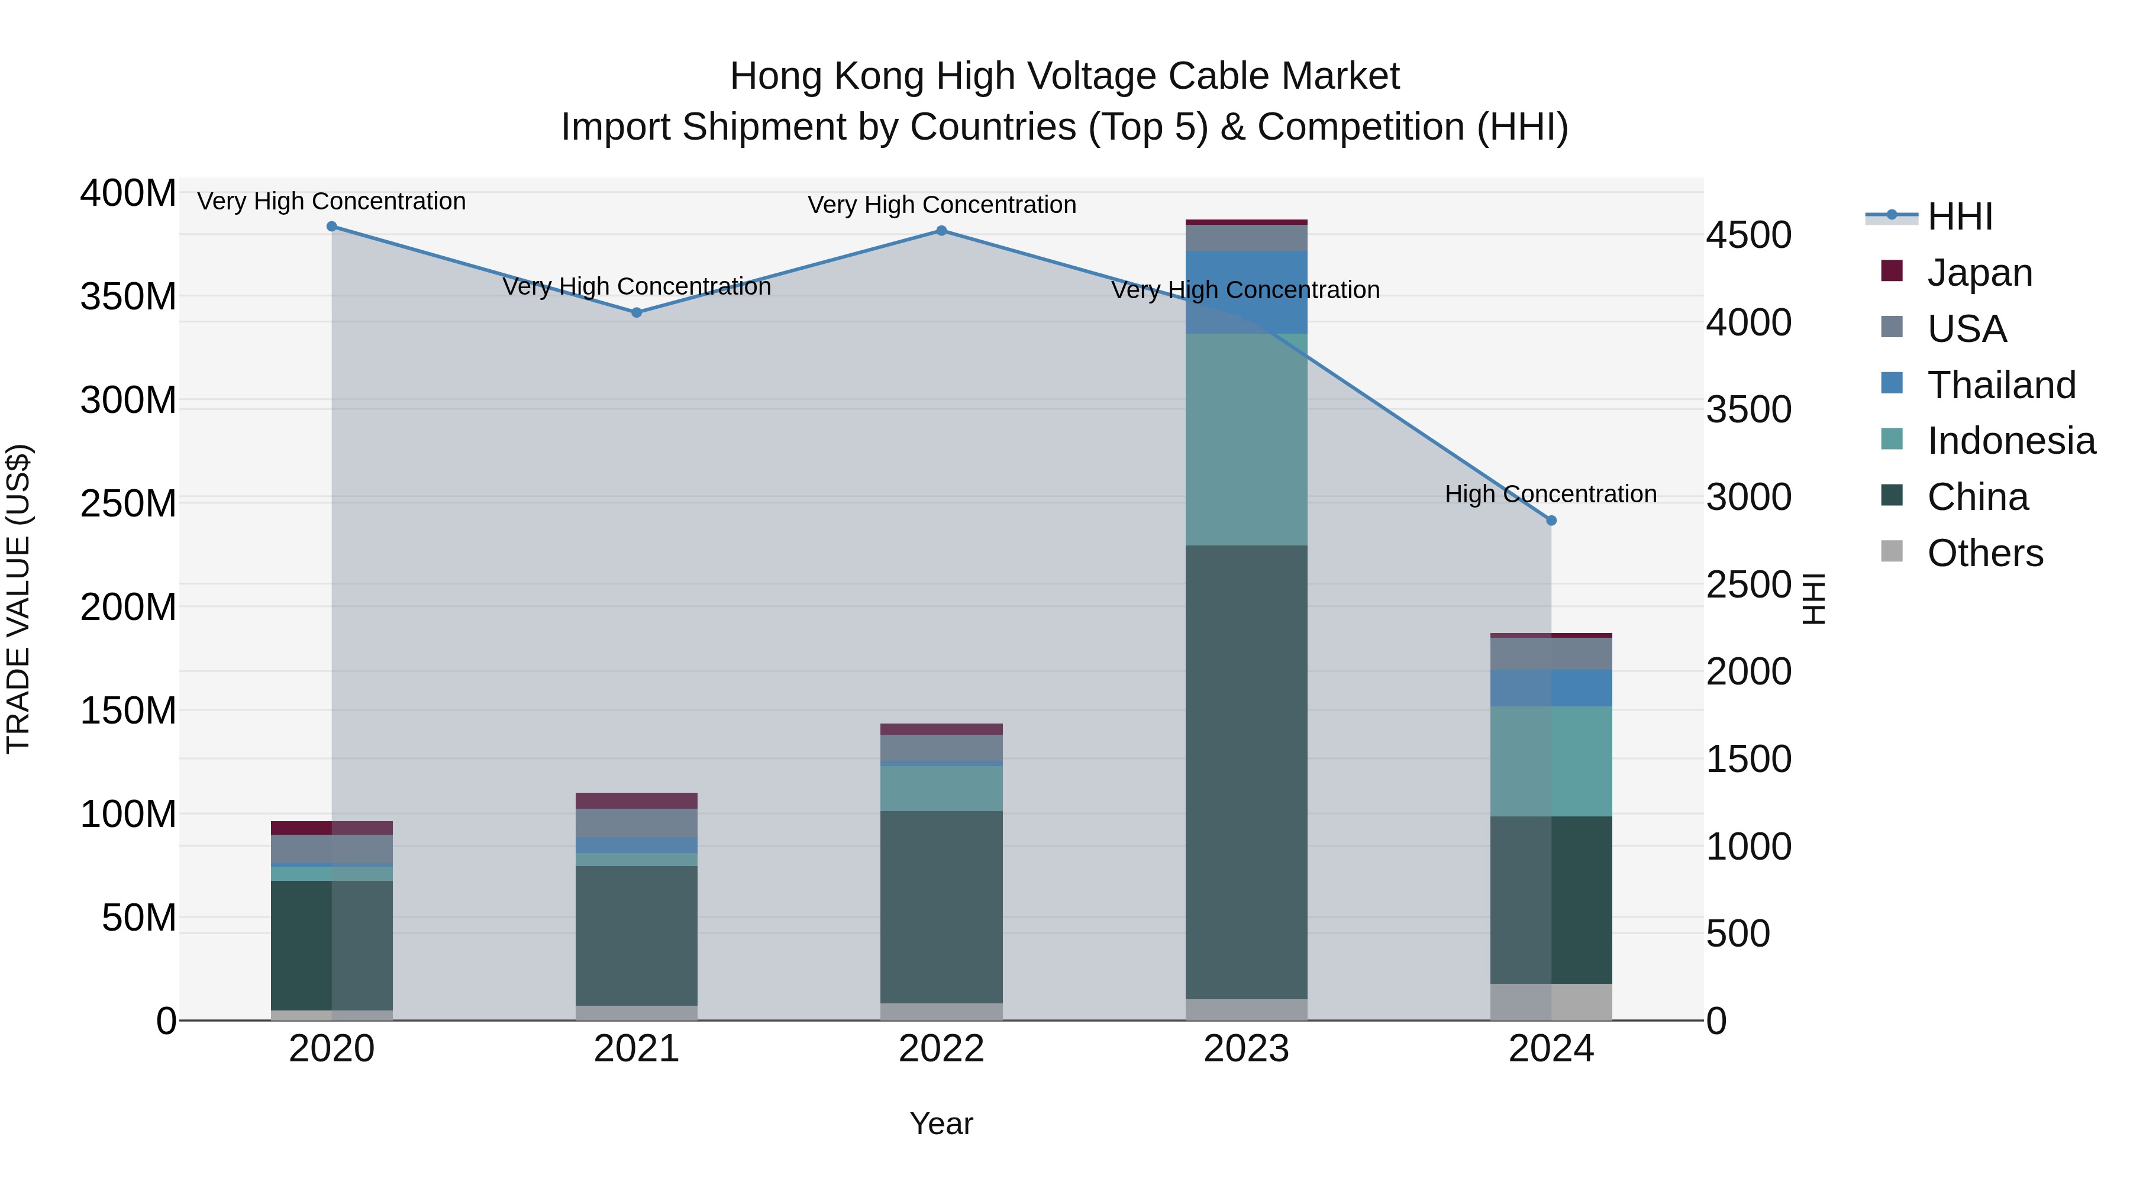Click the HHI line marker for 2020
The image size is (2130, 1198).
pyautogui.click(x=331, y=227)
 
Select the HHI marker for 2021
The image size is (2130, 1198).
pyautogui.click(x=636, y=312)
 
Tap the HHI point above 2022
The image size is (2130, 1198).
pyautogui.click(x=941, y=231)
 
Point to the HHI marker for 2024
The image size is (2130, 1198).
pyautogui.click(x=1551, y=520)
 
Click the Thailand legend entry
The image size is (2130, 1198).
pyautogui.click(x=2001, y=385)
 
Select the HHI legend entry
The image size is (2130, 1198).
pyautogui.click(x=1960, y=217)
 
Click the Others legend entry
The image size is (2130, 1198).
pyautogui.click(x=1984, y=553)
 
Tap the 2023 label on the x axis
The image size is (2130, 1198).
pyautogui.click(x=1246, y=1049)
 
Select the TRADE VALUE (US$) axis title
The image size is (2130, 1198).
pyautogui.click(x=19, y=599)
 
